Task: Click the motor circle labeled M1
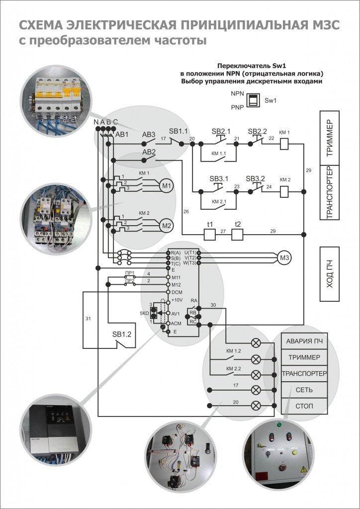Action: pos(167,186)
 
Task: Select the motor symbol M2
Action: pos(167,226)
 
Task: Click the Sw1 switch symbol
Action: pos(254,99)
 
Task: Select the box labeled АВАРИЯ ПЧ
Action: pos(304,342)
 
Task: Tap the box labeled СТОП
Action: pos(304,406)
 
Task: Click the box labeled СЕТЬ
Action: pos(304,390)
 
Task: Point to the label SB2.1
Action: pos(221,131)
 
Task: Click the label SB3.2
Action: pos(256,178)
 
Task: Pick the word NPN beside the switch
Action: pos(237,93)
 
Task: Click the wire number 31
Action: pos(88,318)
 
